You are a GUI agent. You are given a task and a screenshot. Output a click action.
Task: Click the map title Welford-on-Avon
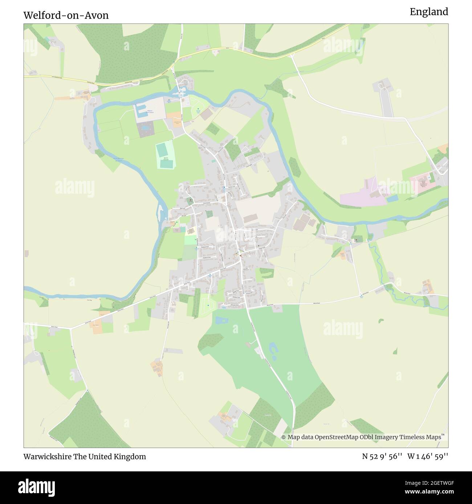(66, 16)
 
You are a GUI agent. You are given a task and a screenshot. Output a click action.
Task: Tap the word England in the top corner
(429, 12)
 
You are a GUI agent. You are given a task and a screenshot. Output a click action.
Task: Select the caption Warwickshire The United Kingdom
(85, 457)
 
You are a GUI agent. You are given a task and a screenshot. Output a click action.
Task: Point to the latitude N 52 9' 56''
(382, 457)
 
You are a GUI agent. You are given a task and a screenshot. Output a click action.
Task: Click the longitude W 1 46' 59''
(428, 457)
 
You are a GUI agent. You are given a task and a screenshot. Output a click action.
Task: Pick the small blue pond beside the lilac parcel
(392, 198)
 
